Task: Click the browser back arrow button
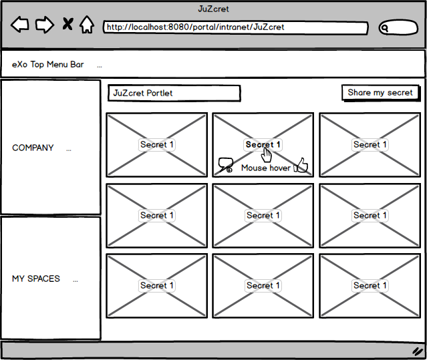(x=20, y=25)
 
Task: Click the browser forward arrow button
(x=45, y=25)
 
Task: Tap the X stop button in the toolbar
(x=67, y=24)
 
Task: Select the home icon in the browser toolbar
(x=87, y=25)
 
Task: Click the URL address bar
(x=236, y=27)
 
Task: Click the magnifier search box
(x=398, y=27)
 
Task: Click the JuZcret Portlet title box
(x=174, y=94)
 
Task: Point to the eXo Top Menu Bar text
(x=48, y=65)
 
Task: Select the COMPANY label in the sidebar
(x=33, y=148)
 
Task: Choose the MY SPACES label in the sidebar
(x=36, y=279)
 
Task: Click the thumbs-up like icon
(x=301, y=165)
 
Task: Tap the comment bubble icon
(x=225, y=165)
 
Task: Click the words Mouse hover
(x=266, y=168)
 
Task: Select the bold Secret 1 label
(x=263, y=144)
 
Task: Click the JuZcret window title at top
(x=213, y=9)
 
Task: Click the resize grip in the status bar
(x=417, y=351)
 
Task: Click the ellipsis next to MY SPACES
(x=76, y=281)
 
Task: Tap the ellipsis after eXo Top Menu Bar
(x=100, y=66)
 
